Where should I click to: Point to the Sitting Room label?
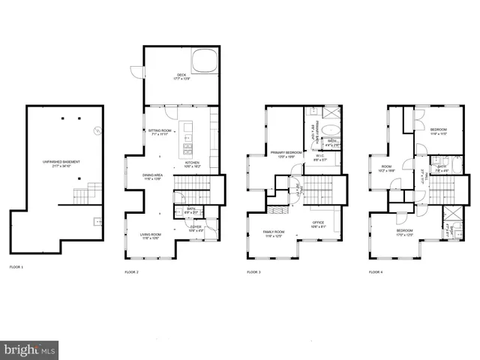[x=160, y=132]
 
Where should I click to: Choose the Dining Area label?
[x=153, y=177]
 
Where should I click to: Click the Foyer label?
[x=195, y=228]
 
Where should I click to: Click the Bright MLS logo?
[x=30, y=349]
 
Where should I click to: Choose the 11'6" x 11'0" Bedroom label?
[x=439, y=132]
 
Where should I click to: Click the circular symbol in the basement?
[x=96, y=131]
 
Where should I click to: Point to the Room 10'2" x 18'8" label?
[x=387, y=169]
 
